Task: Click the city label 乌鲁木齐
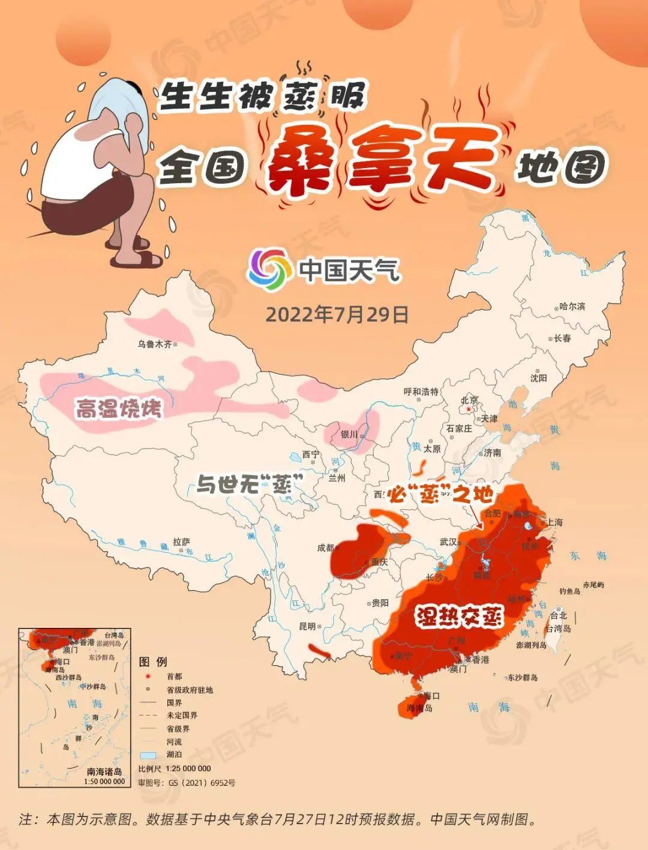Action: [154, 345]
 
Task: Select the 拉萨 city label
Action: [181, 541]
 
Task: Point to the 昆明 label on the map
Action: [307, 626]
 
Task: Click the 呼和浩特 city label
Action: [421, 392]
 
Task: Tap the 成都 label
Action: [325, 547]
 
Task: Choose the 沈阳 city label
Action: [538, 378]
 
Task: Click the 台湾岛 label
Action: [559, 628]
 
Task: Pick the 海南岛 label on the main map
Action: [419, 708]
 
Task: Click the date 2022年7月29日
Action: [337, 315]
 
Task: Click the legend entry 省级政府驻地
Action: [190, 690]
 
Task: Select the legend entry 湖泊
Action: [174, 755]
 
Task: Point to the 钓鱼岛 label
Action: [569, 591]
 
